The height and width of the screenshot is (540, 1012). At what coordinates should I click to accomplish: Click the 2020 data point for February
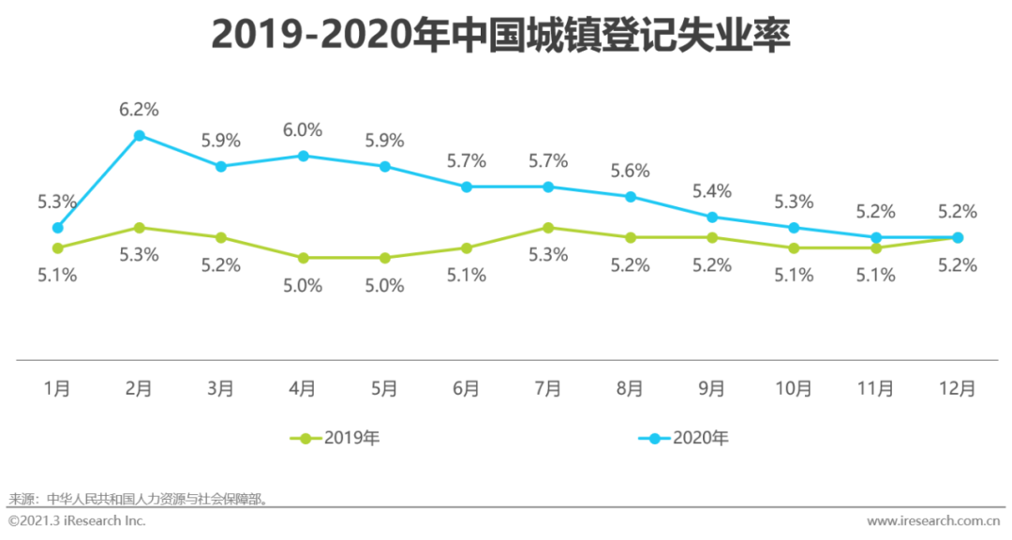(139, 135)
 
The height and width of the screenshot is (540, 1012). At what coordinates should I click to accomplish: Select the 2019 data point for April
(303, 258)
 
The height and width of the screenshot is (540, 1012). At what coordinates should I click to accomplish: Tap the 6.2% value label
(139, 110)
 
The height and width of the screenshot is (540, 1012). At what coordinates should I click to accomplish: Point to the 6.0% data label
(303, 130)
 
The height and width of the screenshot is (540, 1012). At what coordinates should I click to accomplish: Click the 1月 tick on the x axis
(57, 388)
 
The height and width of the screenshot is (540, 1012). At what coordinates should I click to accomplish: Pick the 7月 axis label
(548, 388)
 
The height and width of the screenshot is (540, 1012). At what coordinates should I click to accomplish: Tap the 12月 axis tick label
(957, 388)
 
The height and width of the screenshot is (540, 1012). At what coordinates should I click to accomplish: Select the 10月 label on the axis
(793, 388)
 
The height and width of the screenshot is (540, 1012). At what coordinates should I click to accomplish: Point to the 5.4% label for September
(711, 191)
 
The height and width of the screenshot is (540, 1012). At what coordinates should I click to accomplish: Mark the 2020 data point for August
(631, 197)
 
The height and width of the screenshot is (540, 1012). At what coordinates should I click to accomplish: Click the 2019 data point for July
(548, 227)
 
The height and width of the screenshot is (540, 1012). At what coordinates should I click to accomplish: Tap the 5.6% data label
(630, 171)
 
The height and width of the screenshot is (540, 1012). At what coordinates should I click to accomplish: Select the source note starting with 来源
(140, 499)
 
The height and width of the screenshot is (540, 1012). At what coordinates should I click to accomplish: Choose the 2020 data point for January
(57, 227)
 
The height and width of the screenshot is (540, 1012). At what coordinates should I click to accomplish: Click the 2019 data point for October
(794, 247)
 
